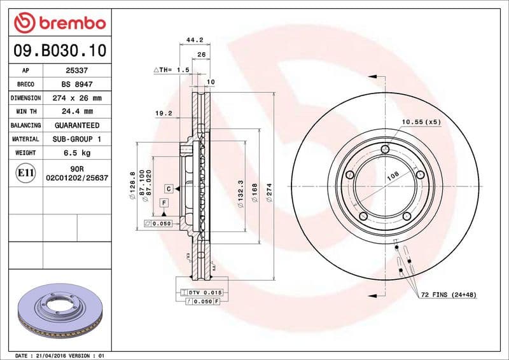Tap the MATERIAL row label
26,139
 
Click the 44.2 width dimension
194,39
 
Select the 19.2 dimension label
164,113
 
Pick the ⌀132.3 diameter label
239,191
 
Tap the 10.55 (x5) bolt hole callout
421,121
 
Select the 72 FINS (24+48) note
448,295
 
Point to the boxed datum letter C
169,188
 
